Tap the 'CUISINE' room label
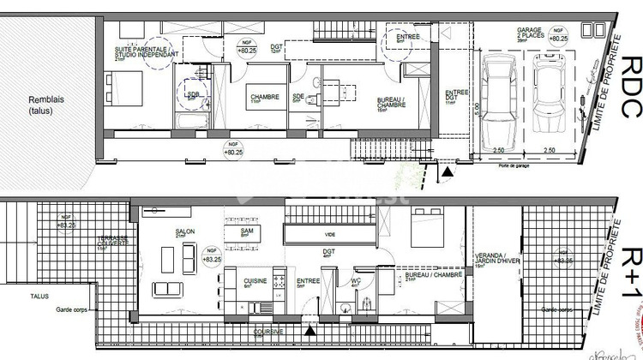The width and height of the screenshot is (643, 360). pyautogui.click(x=255, y=281)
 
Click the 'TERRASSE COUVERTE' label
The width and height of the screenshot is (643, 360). pyautogui.click(x=114, y=243)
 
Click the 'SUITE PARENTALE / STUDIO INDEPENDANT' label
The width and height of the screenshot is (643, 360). pyautogui.click(x=147, y=53)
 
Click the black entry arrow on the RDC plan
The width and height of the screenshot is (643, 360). pyautogui.click(x=447, y=171)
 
